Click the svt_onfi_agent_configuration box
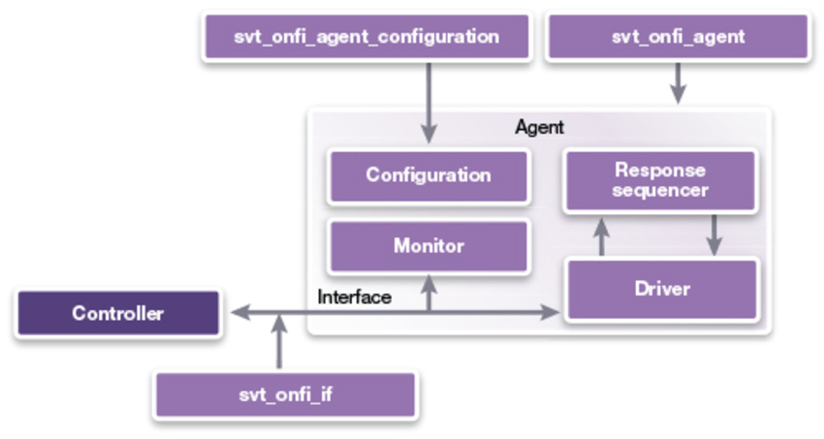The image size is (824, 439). pyautogui.click(x=366, y=37)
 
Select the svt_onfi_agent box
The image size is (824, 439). pyautogui.click(x=678, y=37)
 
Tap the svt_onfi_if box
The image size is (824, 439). pyautogui.click(x=286, y=395)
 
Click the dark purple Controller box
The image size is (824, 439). pyautogui.click(x=117, y=313)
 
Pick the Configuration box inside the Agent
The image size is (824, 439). pyautogui.click(x=428, y=175)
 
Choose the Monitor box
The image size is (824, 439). pyautogui.click(x=428, y=246)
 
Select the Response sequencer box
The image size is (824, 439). pyautogui.click(x=660, y=180)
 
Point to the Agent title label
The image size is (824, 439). pyautogui.click(x=539, y=127)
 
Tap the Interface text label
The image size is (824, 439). pyautogui.click(x=355, y=297)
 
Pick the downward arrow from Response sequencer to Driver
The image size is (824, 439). pyautogui.click(x=714, y=235)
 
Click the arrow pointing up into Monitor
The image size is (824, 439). pyautogui.click(x=428, y=294)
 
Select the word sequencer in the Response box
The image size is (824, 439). pyautogui.click(x=660, y=191)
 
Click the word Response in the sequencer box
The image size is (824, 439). pyautogui.click(x=660, y=170)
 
